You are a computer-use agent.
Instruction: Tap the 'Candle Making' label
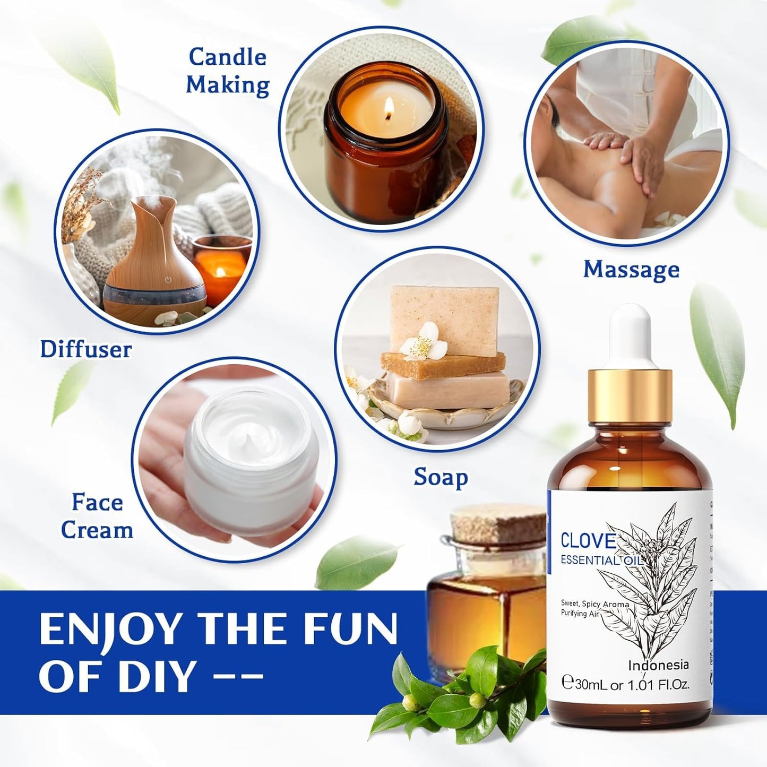coord(228,71)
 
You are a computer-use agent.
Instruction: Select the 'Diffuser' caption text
coord(86,349)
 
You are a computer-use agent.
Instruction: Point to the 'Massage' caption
coord(631,269)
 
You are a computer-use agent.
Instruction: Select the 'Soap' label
coord(441,477)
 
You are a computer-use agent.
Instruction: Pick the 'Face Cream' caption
coord(97,516)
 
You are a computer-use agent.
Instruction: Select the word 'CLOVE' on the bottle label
coord(588,540)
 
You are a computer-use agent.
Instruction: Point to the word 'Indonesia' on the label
coord(658,665)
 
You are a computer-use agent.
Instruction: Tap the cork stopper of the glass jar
coord(493,523)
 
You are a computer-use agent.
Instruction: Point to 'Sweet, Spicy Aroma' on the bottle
coord(594,604)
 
